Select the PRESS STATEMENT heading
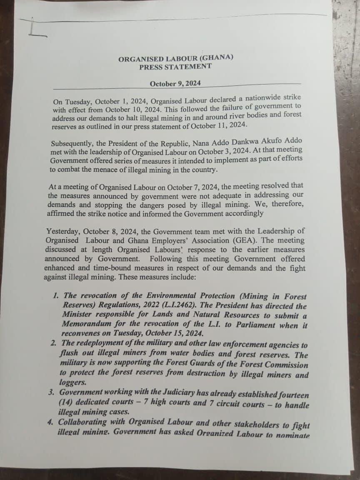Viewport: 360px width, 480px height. click(x=175, y=67)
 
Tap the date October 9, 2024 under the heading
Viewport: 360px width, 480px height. click(x=175, y=83)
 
